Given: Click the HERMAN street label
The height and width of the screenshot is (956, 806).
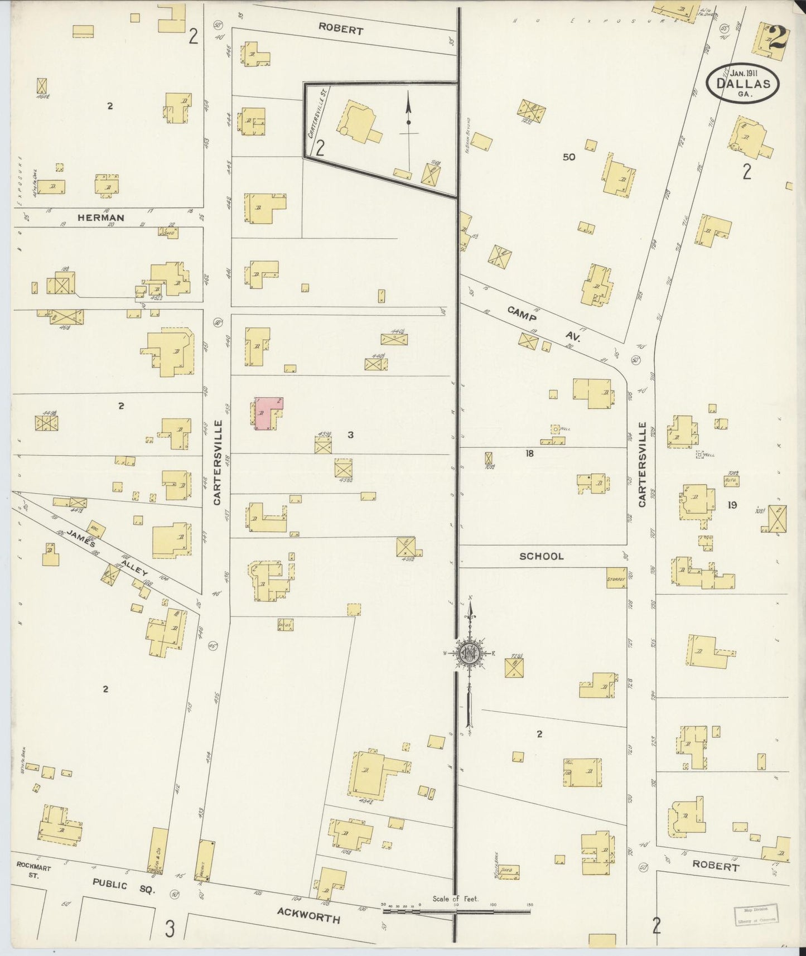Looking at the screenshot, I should (x=101, y=218).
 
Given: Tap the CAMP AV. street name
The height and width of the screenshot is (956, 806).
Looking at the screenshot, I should (x=544, y=324).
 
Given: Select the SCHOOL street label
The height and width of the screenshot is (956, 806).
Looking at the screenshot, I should (x=541, y=556).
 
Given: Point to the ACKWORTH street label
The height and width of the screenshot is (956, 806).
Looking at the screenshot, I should (x=308, y=914).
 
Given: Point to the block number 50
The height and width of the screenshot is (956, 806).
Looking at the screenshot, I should (x=568, y=157).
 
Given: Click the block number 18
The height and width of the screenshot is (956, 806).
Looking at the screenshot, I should (x=529, y=453).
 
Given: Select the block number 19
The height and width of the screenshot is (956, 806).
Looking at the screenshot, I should (x=732, y=505).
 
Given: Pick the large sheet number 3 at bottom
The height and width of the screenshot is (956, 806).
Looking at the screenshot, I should (x=170, y=929).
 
